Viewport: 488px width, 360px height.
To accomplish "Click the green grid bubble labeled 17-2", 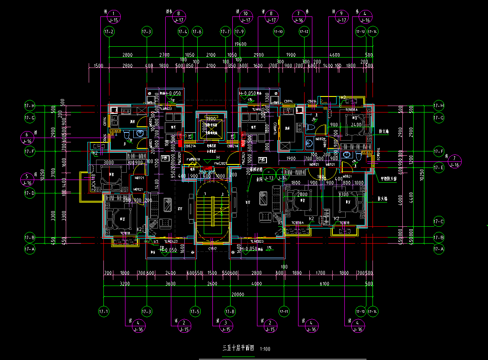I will pos(109,32).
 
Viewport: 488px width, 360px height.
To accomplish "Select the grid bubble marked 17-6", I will pos(197,32).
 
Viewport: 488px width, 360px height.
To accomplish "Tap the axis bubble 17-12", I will pos(304,32).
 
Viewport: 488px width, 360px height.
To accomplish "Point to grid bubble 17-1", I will pos(104,311).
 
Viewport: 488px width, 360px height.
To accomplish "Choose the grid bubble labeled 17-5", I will pos(195,311).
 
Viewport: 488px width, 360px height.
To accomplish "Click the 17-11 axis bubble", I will pos(284,311).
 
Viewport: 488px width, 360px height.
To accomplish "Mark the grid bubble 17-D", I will pos(29,193).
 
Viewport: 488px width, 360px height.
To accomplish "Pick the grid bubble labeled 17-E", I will pos(439,167).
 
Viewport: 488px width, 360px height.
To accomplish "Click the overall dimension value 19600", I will pos(240,44).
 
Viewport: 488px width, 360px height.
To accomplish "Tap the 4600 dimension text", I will pos(334,55).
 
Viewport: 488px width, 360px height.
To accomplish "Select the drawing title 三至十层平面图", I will pos(238,348).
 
